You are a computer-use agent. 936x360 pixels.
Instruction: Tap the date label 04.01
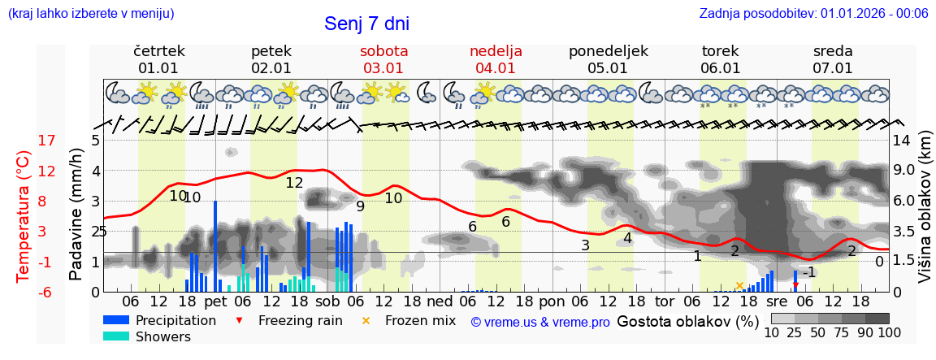[x=496, y=68]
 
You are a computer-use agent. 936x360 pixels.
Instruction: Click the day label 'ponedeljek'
[x=608, y=51]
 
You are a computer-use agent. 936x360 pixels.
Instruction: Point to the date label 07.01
[x=833, y=68]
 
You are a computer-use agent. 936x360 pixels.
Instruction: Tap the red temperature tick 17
[x=47, y=140]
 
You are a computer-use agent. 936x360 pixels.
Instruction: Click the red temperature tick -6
[x=47, y=292]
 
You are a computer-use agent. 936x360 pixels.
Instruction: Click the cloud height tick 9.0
[x=904, y=171]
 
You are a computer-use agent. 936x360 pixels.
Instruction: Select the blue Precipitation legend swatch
[x=116, y=320]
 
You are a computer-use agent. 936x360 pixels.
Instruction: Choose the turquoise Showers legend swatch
[x=116, y=336]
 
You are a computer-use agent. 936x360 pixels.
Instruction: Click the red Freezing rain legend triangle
[x=238, y=320]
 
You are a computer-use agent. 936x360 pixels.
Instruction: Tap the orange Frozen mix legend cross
[x=366, y=320]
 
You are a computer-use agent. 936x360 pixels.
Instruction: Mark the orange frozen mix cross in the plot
[x=739, y=285]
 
